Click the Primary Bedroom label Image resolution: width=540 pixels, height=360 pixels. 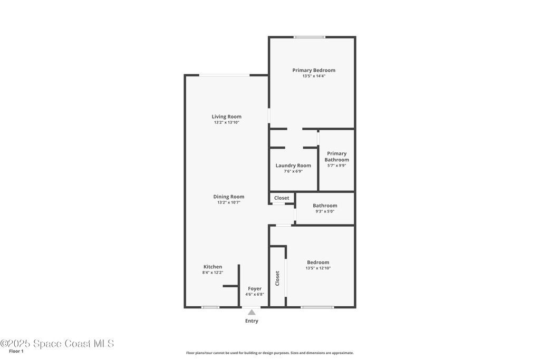tap(314, 70)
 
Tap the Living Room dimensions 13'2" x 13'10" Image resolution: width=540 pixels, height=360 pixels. tap(227, 122)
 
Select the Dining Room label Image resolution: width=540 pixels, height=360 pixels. tap(229, 197)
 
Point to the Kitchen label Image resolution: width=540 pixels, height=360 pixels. tap(213, 267)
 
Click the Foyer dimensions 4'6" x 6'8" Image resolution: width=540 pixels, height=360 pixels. tap(255, 294)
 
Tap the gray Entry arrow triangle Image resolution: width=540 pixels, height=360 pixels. tap(252, 312)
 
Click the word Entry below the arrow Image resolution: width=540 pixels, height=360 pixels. tap(252, 321)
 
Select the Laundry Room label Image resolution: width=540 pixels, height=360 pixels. tap(293, 166)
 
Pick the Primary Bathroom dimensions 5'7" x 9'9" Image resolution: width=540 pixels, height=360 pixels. tap(337, 165)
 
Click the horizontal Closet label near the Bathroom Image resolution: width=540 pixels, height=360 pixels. tap(282, 198)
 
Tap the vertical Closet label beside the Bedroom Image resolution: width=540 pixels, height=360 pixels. tap(277, 278)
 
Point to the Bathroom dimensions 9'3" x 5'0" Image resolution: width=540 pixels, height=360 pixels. tap(325, 211)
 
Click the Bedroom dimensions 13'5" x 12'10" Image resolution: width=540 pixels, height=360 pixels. tap(318, 268)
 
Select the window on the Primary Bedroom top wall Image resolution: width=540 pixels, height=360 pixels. tap(309, 37)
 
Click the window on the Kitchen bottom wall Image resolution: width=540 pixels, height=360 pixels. tap(210, 307)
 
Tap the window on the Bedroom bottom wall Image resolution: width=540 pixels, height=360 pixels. tap(317, 307)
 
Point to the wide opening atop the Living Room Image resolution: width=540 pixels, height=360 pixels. tap(225, 75)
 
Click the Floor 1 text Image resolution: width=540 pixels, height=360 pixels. tap(16, 352)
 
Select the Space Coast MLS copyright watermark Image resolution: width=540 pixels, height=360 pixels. tap(57, 344)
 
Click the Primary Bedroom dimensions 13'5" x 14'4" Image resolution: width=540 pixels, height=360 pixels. tap(314, 76)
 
